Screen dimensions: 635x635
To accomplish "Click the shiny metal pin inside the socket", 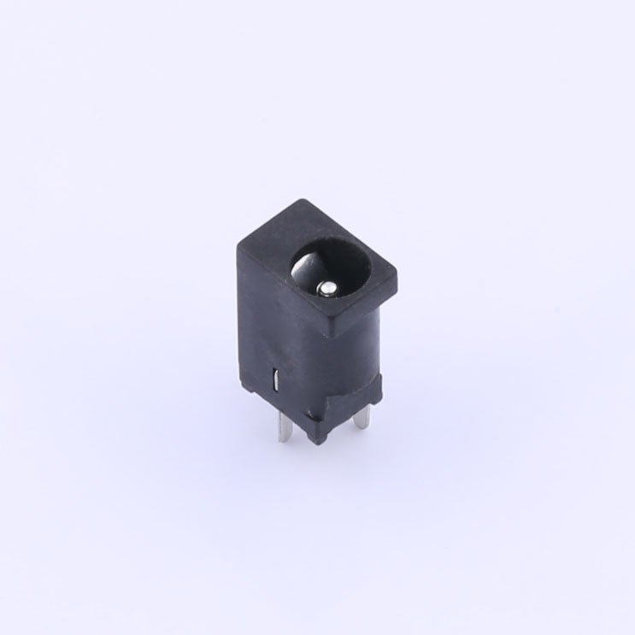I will click(326, 289).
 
